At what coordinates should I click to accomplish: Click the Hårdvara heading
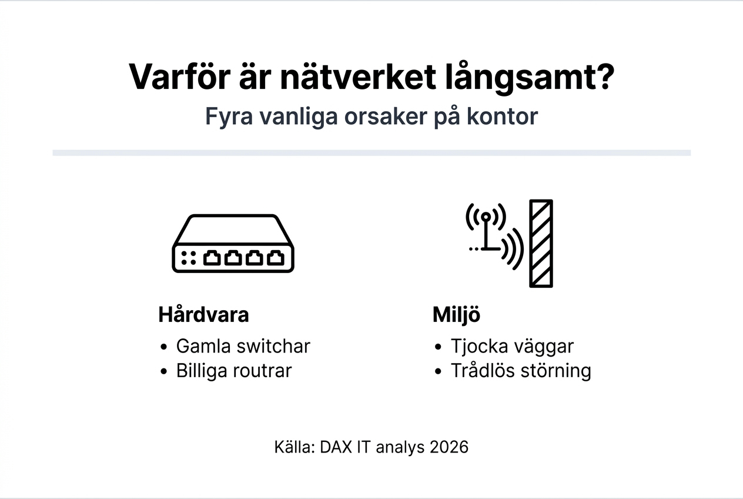coord(203,315)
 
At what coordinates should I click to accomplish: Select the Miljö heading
coord(456,315)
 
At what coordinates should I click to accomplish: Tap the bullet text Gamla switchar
coord(243,346)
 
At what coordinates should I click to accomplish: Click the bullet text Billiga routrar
coord(233,371)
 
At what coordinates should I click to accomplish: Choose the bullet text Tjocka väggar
coord(511,346)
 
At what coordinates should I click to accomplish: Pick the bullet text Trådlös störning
coord(520,371)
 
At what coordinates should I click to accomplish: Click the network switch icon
coord(233,243)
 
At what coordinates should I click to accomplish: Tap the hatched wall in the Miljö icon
coord(541,243)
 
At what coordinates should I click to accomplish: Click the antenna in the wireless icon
coord(486,232)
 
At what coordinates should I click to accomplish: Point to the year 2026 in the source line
coord(449,447)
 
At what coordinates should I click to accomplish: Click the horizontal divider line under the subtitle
coord(371,153)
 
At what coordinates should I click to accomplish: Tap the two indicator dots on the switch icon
coord(189,258)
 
